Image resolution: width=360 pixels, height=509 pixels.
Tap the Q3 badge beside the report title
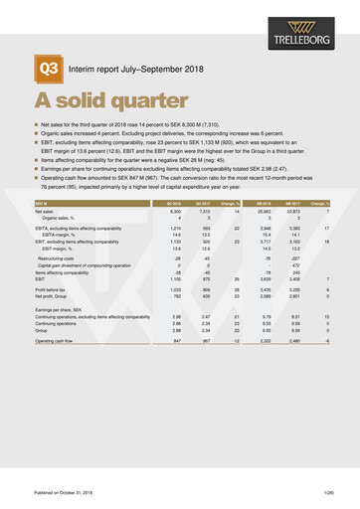(49, 67)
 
